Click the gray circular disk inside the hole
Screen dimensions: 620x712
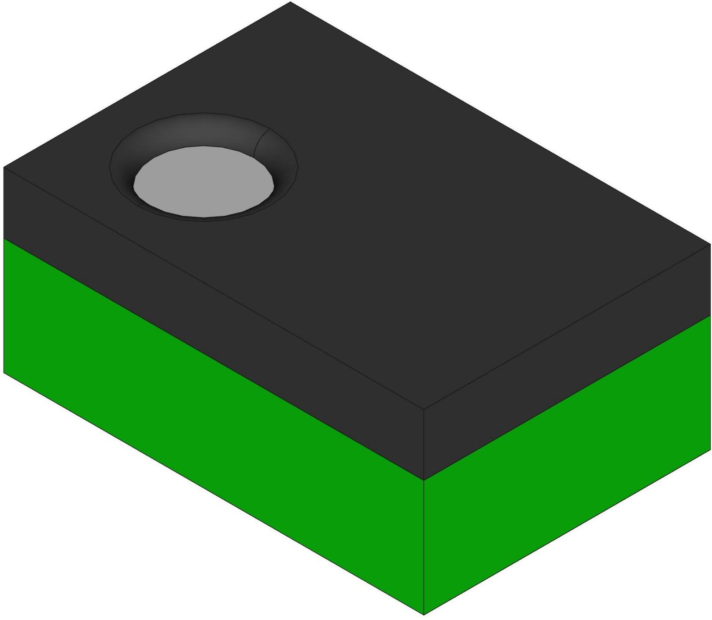click(x=203, y=181)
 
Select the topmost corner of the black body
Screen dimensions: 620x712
click(x=290, y=2)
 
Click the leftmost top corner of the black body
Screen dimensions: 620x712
click(x=4, y=167)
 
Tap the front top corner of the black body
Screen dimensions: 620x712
click(x=424, y=409)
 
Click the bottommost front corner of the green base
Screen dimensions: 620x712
click(x=424, y=614)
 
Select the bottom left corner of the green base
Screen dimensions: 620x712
click(x=4, y=373)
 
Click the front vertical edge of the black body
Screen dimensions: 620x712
click(x=424, y=444)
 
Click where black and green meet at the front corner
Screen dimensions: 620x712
click(x=424, y=480)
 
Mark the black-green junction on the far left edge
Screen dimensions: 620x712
click(x=4, y=238)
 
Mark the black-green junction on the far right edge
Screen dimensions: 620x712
click(x=710, y=316)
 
